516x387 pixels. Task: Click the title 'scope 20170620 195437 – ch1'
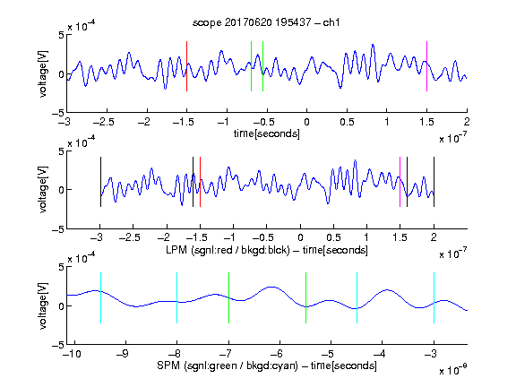266,22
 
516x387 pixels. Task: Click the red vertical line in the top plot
186,66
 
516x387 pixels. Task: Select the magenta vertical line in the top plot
426,66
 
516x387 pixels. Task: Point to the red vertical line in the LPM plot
200,182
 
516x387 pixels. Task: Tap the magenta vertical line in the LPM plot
400,182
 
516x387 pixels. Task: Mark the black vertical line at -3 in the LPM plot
100,182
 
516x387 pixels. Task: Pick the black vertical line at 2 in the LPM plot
434,182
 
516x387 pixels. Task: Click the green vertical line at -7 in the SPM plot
228,297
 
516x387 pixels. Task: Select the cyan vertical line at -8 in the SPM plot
177,297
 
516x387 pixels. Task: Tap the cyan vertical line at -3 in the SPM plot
434,297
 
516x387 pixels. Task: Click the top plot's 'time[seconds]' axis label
267,133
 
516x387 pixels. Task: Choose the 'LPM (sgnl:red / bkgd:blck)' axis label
228,250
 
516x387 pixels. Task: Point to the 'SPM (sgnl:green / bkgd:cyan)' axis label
228,365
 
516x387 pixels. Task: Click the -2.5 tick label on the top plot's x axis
103,122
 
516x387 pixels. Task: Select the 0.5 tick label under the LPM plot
333,237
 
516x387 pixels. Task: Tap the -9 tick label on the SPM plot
123,354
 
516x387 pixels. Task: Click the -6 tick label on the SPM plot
277,354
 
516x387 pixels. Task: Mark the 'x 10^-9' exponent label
453,370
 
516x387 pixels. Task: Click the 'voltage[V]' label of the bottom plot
43,305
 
